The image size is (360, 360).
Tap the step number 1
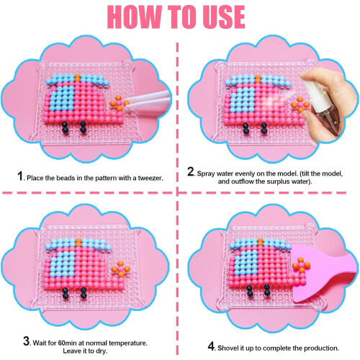coord(20,176)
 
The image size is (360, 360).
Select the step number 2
coord(191,171)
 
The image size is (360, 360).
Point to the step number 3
coord(27,341)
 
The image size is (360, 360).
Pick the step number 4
coord(211,346)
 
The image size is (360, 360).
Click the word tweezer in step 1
coord(150,178)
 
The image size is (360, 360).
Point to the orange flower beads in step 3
coord(121,269)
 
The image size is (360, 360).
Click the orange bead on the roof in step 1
coord(78,78)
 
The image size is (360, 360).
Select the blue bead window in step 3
coord(63,261)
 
